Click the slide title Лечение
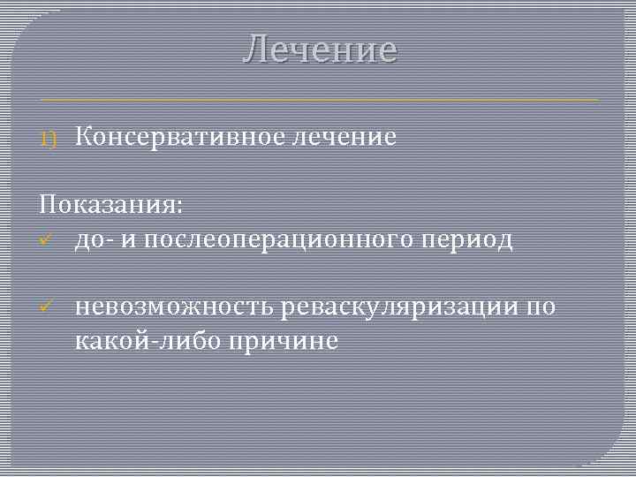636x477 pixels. click(320, 49)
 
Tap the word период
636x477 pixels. click(471, 240)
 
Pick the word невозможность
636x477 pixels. click(175, 307)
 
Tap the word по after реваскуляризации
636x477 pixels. click(540, 307)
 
